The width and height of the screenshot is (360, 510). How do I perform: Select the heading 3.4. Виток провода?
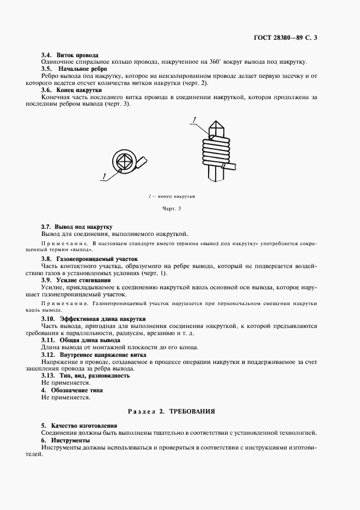pyautogui.click(x=70, y=55)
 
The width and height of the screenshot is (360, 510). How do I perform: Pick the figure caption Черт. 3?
pyautogui.click(x=171, y=208)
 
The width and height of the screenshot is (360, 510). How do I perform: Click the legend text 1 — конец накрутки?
pyautogui.click(x=172, y=196)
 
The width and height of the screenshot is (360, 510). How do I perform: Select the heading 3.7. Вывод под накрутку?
pyautogui.click(x=77, y=226)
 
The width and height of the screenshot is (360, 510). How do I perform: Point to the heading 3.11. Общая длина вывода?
pyautogui.click(x=81, y=339)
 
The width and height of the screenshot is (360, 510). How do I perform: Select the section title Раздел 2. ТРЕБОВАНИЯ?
pyautogui.click(x=172, y=412)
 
